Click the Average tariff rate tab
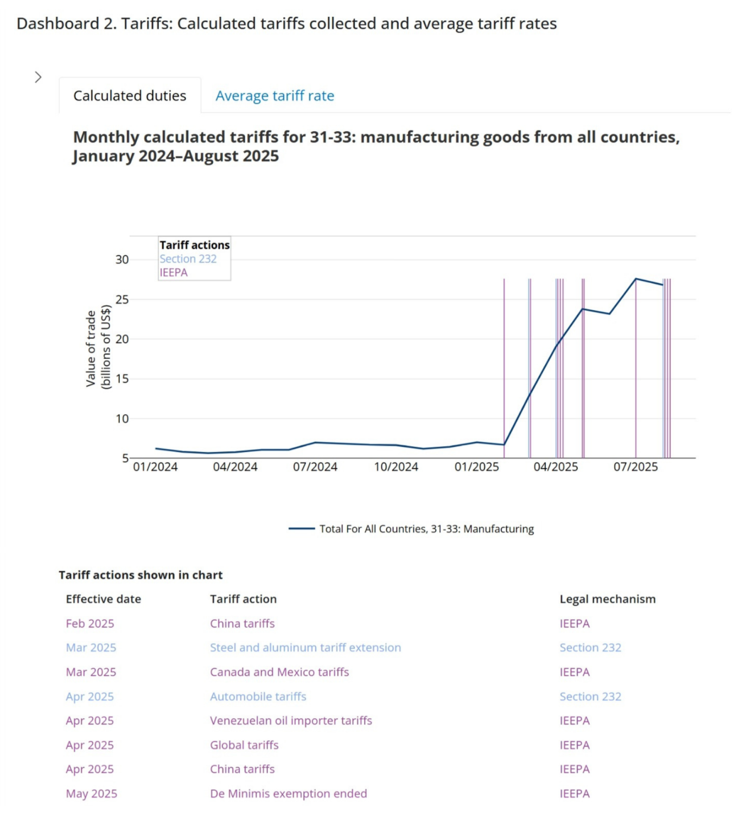[x=275, y=96]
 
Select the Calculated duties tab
[x=130, y=96]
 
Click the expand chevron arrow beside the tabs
[x=38, y=78]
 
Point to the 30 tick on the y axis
[x=122, y=260]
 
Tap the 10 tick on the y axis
[x=122, y=419]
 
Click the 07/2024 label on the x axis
[x=315, y=467]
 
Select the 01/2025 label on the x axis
[x=476, y=467]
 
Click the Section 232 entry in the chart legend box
[x=188, y=259]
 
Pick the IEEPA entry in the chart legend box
[x=174, y=273]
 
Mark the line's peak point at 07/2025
[x=636, y=279]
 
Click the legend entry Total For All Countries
[x=426, y=529]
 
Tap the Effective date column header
[x=103, y=599]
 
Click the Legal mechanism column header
[x=607, y=599]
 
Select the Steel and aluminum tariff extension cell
[x=305, y=648]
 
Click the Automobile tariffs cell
[x=258, y=696]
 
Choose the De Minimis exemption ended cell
[x=289, y=793]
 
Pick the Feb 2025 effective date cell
[x=90, y=623]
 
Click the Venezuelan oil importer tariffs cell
[x=291, y=721]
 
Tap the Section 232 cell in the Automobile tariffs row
[x=590, y=696]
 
